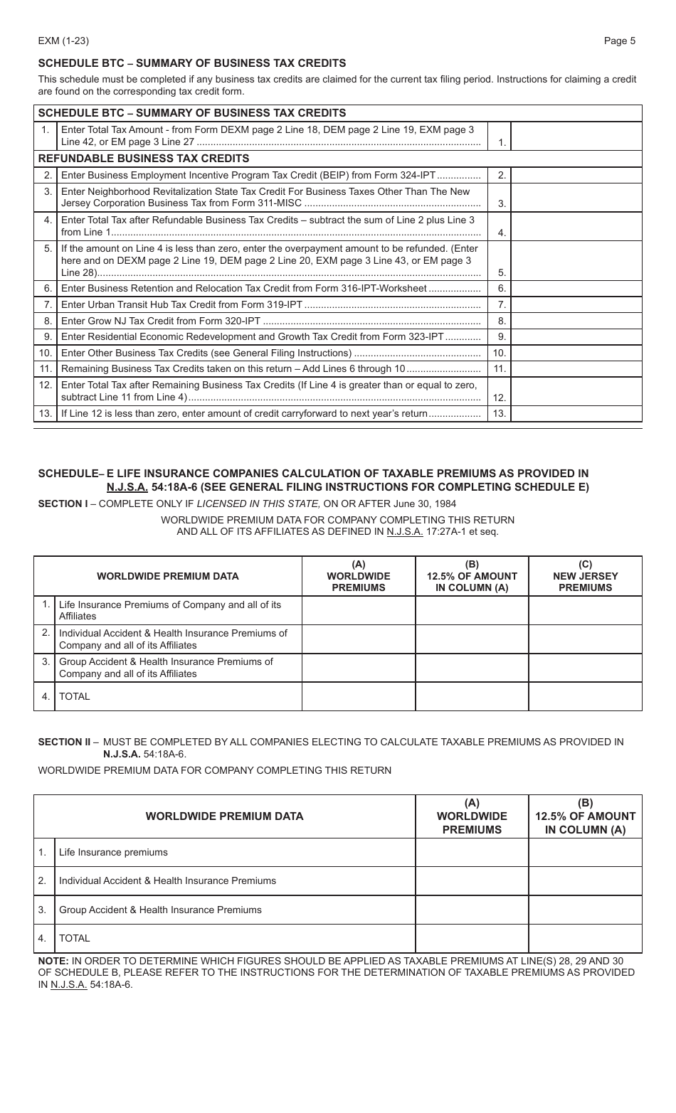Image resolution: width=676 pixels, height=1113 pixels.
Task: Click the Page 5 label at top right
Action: point(619,41)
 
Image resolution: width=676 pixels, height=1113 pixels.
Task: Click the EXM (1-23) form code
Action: point(63,41)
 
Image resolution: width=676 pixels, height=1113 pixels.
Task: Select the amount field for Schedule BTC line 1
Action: point(576,136)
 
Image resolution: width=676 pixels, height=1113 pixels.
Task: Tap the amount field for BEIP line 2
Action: point(576,175)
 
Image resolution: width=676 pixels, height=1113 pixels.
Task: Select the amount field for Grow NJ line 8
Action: point(576,321)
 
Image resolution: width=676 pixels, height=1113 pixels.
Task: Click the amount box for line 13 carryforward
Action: point(576,413)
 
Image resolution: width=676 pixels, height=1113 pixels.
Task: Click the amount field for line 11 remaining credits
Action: point(576,368)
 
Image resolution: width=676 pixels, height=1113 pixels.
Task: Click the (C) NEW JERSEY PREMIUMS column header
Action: point(585,576)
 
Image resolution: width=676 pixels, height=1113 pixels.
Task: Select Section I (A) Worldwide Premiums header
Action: point(359,576)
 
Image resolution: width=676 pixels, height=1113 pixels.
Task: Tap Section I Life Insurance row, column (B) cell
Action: point(472,610)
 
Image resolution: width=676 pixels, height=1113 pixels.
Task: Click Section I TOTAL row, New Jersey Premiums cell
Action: point(585,696)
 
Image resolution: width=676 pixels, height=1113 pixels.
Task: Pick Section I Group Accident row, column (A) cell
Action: point(359,668)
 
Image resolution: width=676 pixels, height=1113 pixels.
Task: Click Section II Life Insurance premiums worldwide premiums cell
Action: point(472,852)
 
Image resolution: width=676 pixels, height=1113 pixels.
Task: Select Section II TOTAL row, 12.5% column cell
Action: point(585,938)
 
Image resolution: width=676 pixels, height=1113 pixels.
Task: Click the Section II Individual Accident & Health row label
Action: point(167,880)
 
